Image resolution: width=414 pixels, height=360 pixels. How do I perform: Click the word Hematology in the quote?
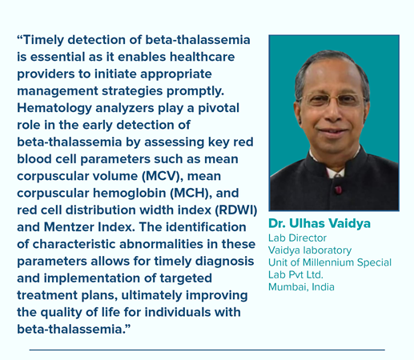[x=54, y=109]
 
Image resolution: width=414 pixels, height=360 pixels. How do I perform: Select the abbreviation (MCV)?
[x=163, y=176]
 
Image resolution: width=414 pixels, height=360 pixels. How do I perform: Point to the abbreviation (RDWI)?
[x=236, y=210]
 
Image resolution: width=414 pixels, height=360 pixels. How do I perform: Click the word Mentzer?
[x=69, y=227]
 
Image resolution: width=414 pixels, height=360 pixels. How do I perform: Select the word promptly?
[x=195, y=91]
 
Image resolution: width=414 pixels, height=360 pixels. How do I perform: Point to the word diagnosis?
[x=224, y=262]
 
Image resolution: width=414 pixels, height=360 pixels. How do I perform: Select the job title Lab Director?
[x=297, y=238]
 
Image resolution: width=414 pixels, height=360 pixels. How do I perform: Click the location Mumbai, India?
[x=301, y=287]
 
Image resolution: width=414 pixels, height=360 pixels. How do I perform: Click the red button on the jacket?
[x=338, y=190]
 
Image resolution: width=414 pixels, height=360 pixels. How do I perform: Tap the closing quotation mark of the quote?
[x=127, y=326]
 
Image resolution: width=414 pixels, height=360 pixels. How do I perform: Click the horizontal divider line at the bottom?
[x=207, y=350]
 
